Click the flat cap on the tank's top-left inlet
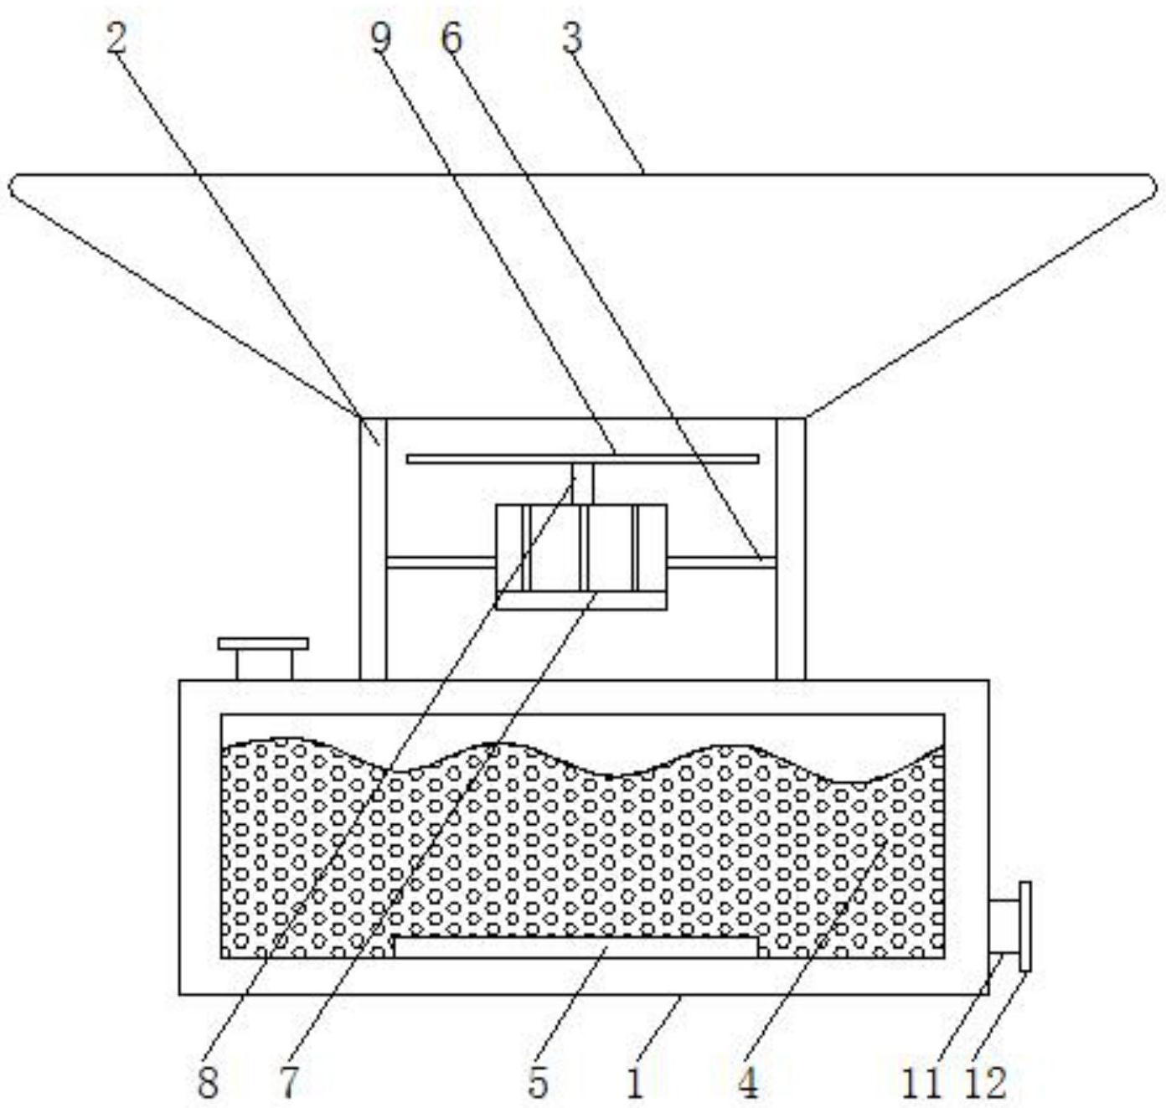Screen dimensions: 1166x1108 pos(263,643)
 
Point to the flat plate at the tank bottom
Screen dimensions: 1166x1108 pos(576,947)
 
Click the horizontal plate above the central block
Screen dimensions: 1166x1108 pos(582,458)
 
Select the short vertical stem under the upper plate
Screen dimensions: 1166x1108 pos(583,484)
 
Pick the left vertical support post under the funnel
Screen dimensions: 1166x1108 pos(373,549)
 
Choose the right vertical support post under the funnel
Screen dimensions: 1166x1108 pos(792,549)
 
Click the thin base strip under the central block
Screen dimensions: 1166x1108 pos(581,600)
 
